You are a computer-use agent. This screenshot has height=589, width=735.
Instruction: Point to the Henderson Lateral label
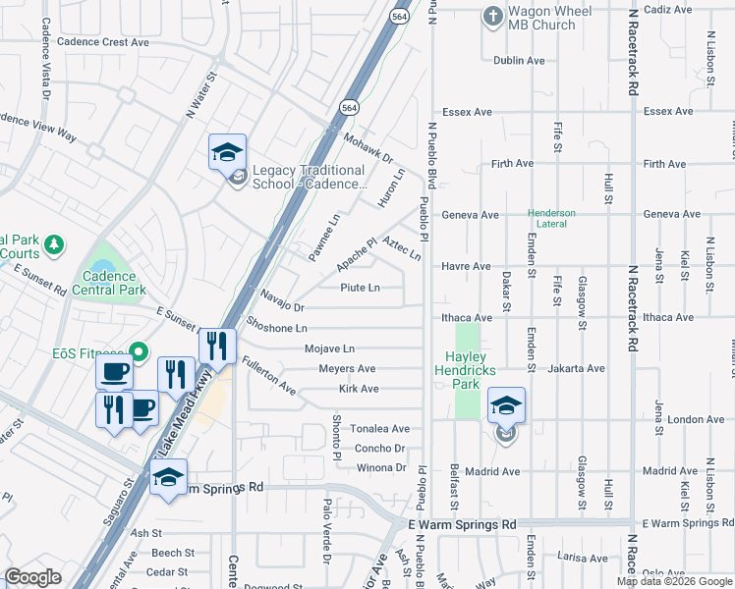tap(565, 218)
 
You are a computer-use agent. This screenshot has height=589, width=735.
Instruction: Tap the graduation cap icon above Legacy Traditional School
tap(227, 153)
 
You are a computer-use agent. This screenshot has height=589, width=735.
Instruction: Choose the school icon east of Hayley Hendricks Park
tap(505, 405)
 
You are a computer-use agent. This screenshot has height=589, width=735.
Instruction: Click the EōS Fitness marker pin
tap(140, 351)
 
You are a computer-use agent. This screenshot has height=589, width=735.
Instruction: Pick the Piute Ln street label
tap(360, 288)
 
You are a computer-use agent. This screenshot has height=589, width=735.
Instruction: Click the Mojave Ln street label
tap(329, 348)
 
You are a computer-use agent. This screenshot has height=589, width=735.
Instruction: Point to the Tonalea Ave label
tap(380, 429)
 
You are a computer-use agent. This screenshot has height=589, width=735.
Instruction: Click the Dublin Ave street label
tap(519, 61)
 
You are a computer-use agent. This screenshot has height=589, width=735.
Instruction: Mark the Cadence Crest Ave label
tap(102, 42)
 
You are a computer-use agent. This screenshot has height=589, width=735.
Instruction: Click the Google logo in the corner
tap(33, 577)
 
